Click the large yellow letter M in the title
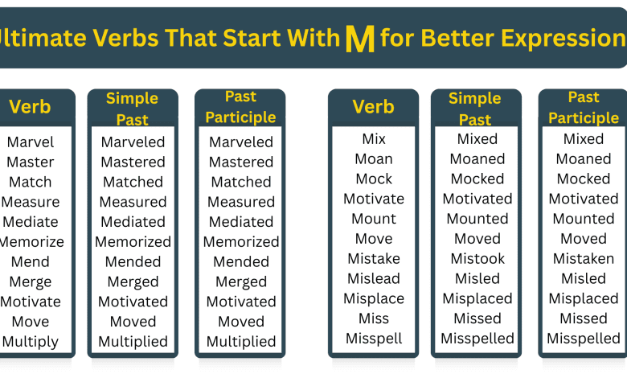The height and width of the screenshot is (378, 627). coord(359,39)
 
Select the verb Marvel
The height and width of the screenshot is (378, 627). coord(31,142)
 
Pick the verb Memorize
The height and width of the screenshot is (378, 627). coord(31,242)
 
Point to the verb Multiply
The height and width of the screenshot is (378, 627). coord(31,342)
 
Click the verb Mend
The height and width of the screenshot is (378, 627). coord(31,262)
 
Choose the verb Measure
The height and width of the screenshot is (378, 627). coord(31,202)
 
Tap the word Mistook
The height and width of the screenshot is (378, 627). coord(477,259)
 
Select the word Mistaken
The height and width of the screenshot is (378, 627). coord(584,259)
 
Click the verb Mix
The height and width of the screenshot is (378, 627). coord(374,139)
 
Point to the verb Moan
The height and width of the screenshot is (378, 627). coord(374,159)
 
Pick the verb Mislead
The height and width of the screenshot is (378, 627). coord(374,278)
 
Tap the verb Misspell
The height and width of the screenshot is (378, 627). coord(374,339)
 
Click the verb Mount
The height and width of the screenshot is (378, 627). coord(374,219)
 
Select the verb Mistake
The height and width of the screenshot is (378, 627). coord(374,259)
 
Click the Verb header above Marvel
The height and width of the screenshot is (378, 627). coord(31,107)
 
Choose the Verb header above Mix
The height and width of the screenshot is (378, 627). coord(374,107)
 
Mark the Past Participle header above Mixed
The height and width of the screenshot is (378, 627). coord(584,108)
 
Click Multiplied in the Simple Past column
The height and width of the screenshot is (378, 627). coord(133,342)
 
